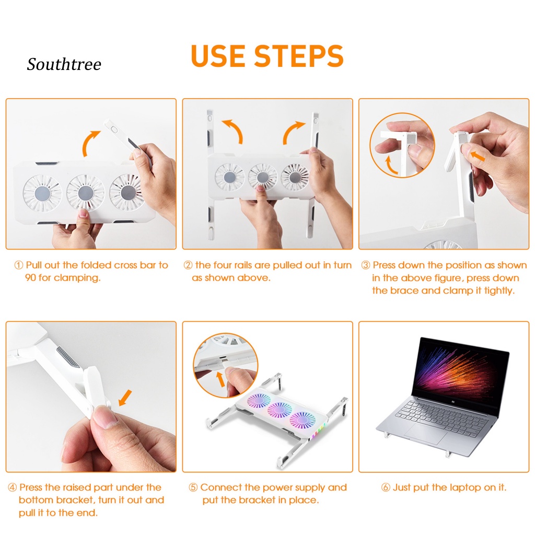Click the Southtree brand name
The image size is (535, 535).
[64, 64]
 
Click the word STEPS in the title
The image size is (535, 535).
[298, 56]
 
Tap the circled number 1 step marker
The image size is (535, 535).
[19, 265]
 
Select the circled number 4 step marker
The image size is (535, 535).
[13, 487]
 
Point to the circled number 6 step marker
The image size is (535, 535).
[386, 487]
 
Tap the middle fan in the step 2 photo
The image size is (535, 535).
[262, 177]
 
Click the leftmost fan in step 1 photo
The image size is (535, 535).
[42, 193]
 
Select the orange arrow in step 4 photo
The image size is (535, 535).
[125, 398]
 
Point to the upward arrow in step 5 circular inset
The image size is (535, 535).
[221, 379]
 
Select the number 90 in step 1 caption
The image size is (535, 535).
[31, 278]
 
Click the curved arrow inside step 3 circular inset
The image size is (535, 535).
[391, 165]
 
